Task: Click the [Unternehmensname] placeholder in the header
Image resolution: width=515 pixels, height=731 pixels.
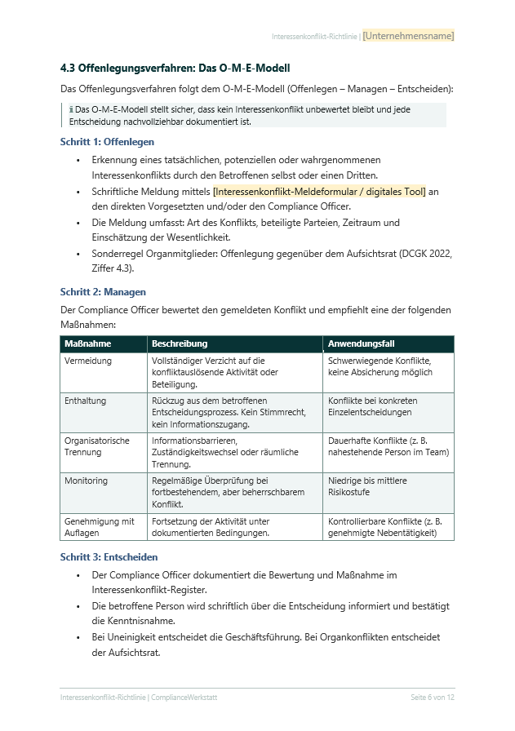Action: pos(408,36)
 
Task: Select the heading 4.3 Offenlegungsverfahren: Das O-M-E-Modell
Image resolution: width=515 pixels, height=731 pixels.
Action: pos(175,68)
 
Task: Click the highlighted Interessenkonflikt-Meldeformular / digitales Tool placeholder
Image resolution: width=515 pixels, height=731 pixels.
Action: pos(319,192)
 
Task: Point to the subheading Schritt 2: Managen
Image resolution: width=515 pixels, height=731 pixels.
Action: pos(103,291)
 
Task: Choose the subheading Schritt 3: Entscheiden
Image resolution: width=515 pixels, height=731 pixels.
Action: pos(109,557)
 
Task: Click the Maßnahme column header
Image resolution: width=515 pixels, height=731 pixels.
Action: pos(88,344)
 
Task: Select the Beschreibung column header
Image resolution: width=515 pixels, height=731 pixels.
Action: pos(180,344)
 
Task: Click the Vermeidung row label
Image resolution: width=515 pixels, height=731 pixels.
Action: pos(88,361)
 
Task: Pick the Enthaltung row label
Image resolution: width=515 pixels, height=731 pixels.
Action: pos(86,401)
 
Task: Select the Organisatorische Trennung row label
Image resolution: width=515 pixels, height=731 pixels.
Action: pos(97,446)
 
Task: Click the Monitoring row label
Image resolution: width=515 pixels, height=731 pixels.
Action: pos(87,481)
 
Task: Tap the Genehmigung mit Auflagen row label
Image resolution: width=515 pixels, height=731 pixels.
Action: pos(100,526)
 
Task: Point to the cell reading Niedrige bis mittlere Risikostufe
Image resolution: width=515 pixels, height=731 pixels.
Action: pos(366,487)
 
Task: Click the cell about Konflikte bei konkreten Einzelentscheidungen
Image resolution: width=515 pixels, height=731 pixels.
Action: pos(373,406)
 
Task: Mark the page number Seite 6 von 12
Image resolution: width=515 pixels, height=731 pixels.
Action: pos(432,698)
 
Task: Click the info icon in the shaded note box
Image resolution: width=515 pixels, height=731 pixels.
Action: pos(72,109)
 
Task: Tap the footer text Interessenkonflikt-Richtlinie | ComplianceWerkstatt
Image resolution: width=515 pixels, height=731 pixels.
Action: pos(139,698)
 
